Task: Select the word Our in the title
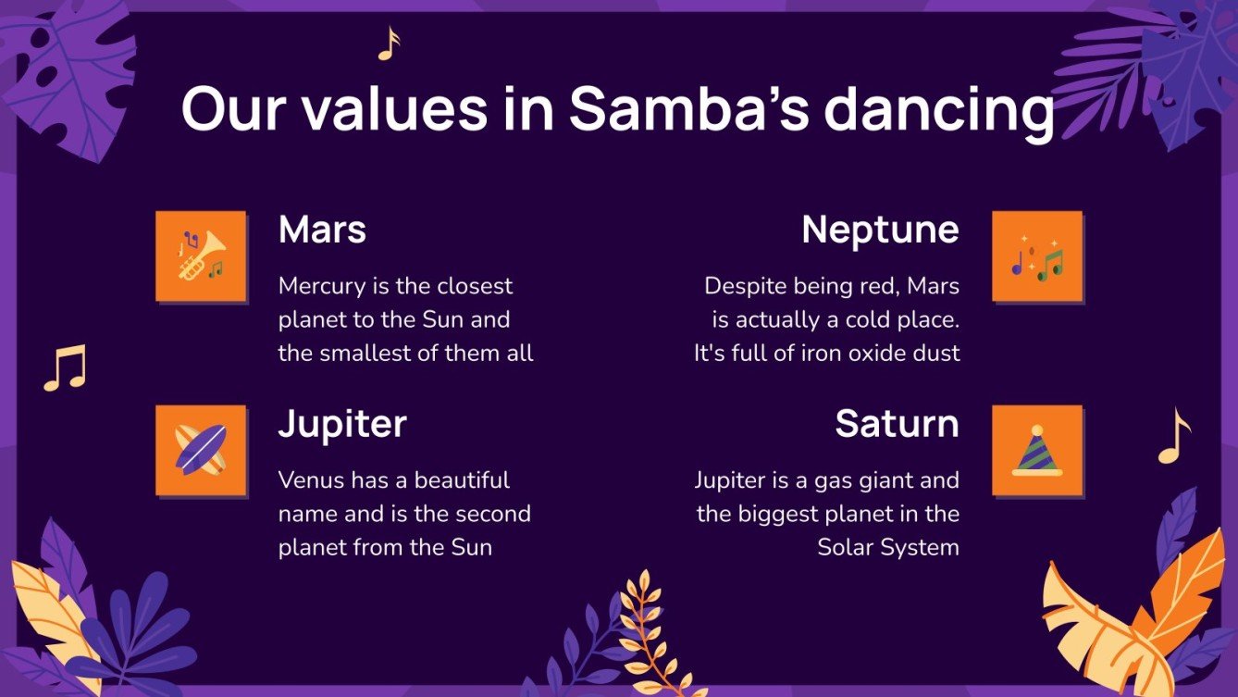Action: (237, 109)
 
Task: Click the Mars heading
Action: (322, 230)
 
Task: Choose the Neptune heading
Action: (880, 230)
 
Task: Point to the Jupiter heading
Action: (342, 424)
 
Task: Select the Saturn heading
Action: (897, 424)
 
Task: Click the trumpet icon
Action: (201, 255)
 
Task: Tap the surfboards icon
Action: (201, 450)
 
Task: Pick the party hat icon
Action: (1036, 450)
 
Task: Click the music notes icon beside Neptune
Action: (1036, 257)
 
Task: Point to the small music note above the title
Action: (389, 44)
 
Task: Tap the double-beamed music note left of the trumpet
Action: (65, 367)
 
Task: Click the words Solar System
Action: (888, 547)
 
